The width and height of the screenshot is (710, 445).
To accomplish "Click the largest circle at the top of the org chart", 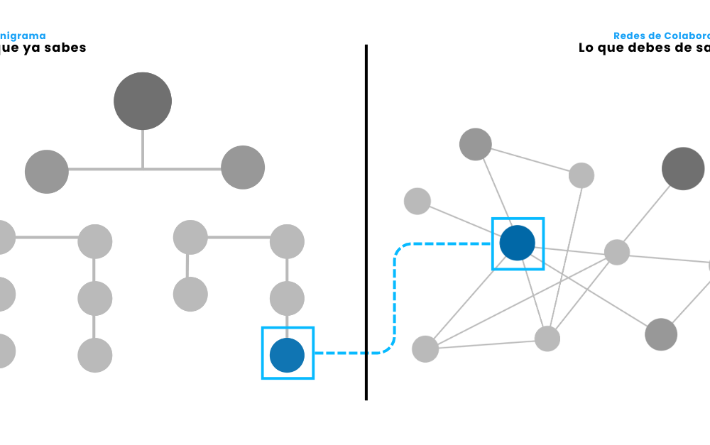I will [142, 101].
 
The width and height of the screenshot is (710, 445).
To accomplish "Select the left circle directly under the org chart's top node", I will [46, 171].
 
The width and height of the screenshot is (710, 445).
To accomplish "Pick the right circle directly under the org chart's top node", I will [242, 167].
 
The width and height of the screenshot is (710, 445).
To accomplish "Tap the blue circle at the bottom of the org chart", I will [287, 355].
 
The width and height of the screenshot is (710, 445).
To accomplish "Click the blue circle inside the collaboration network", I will [517, 243].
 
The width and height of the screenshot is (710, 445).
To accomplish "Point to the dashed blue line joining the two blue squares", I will [395, 298].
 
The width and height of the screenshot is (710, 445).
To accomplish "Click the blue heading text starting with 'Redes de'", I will [660, 35].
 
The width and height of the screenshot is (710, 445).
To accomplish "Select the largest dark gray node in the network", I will [682, 169].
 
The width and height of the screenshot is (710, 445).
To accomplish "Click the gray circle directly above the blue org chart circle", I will [287, 299].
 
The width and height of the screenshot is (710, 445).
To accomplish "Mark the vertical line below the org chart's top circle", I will [142, 149].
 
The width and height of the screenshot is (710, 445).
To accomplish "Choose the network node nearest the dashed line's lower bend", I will [425, 348].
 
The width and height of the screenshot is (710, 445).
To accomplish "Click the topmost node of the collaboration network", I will [475, 145].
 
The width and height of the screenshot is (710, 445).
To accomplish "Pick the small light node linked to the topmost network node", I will [581, 175].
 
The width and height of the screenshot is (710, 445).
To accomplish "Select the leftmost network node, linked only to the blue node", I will [417, 201].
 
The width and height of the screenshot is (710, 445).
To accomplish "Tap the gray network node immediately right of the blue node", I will [616, 252].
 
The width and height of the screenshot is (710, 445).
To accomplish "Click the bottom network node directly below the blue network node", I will [547, 339].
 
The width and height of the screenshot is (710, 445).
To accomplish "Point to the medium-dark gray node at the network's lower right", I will [661, 334].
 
